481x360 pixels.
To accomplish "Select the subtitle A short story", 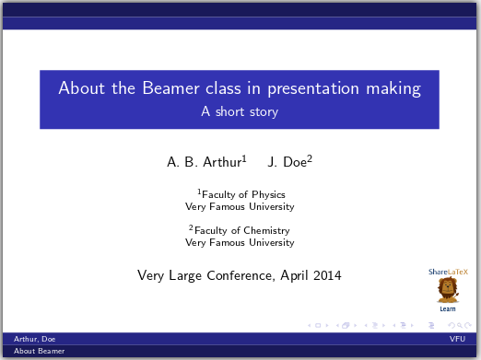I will point(240,112).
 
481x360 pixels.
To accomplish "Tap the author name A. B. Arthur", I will point(205,162).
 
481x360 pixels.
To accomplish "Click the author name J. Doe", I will point(288,162).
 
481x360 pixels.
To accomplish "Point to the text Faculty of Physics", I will point(242,194).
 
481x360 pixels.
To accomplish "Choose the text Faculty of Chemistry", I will point(242,230).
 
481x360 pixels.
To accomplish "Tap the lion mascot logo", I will point(448,290).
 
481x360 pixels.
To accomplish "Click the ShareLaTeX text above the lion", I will point(448,272).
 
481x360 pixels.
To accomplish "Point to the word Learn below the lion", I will point(448,308).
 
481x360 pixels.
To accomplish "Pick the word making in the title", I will point(395,89).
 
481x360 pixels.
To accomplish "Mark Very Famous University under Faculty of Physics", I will point(240,206).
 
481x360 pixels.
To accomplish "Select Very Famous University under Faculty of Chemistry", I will point(240,242).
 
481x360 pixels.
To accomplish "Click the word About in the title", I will point(79,89).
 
